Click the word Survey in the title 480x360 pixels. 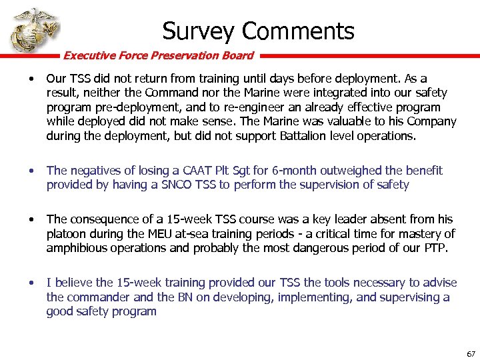[198, 31]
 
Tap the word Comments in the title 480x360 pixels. [298, 31]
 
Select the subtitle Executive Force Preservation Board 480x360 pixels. [158, 55]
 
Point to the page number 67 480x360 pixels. [471, 353]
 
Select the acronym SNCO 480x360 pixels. [175, 184]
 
